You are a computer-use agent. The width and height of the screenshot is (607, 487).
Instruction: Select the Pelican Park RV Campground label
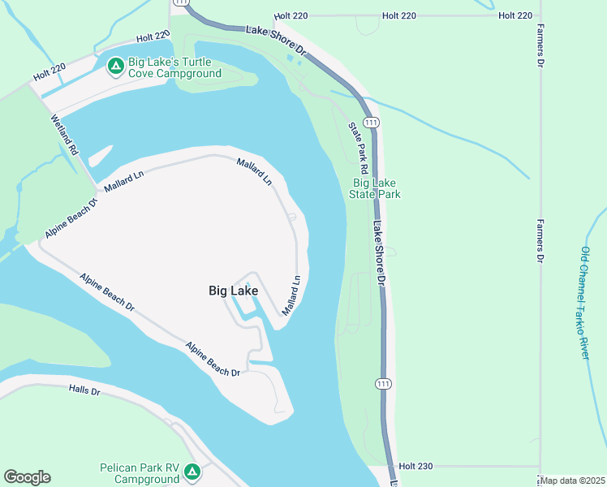click(139, 473)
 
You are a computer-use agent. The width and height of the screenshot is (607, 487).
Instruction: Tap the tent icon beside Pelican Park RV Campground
click(192, 472)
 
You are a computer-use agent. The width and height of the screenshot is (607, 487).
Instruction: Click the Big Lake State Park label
click(375, 188)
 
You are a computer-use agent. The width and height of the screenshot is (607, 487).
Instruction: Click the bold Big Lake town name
click(233, 290)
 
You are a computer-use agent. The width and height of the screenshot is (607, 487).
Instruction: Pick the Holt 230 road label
click(416, 466)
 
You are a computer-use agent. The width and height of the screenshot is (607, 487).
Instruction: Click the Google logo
click(27, 477)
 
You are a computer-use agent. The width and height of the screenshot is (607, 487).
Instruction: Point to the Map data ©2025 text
click(573, 481)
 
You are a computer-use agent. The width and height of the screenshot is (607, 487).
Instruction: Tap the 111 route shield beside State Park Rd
click(372, 123)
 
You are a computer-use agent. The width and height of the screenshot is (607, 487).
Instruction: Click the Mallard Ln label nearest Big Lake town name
click(291, 295)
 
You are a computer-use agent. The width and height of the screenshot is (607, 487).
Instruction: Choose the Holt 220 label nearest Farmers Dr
click(515, 15)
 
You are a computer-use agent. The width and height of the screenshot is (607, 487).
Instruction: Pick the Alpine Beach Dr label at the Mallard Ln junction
click(71, 218)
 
